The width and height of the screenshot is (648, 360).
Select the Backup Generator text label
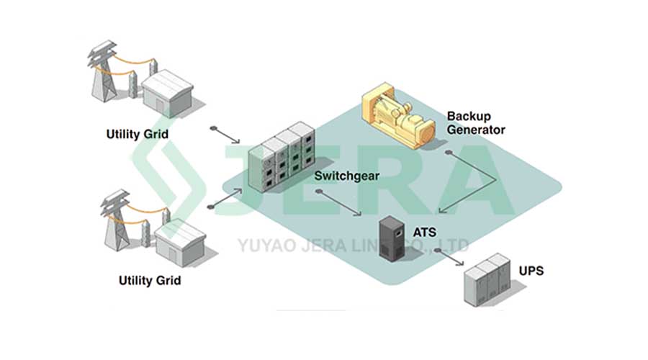[x=476, y=122]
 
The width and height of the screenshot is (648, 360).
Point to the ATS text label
[x=424, y=233]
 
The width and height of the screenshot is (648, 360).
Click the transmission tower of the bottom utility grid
[x=114, y=220]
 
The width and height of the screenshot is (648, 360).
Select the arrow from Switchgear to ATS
[x=338, y=202]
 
